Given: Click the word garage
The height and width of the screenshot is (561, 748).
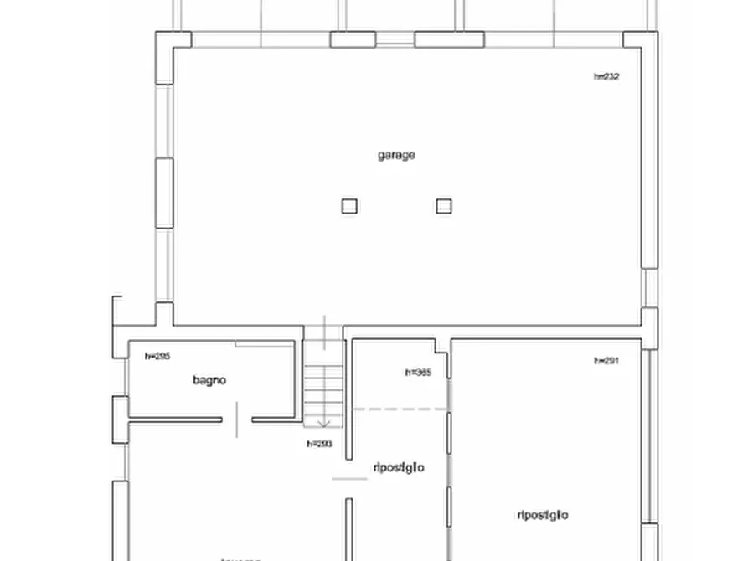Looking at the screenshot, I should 396,155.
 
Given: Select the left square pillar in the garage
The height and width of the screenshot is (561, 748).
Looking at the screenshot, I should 349,206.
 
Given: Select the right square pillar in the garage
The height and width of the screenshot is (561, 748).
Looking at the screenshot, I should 444,206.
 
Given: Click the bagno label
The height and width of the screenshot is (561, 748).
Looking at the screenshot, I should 209,380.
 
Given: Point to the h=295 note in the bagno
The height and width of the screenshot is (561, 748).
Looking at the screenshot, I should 157,356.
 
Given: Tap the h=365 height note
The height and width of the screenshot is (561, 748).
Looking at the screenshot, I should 418,373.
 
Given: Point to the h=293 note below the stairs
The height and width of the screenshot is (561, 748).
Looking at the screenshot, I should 319,444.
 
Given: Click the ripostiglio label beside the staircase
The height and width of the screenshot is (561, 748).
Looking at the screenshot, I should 398,467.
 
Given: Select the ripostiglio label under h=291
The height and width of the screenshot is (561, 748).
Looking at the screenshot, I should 543,515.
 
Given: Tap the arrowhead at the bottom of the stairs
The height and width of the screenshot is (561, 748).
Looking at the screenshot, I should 324,423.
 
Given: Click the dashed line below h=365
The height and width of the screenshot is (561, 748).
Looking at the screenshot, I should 399,409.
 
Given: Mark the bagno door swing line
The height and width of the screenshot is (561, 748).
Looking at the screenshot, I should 237,419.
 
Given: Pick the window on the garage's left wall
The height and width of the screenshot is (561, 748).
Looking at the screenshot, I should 164,193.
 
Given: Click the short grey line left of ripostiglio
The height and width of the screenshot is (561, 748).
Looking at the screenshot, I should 349,479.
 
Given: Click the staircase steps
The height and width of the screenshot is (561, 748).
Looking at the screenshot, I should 323,385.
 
